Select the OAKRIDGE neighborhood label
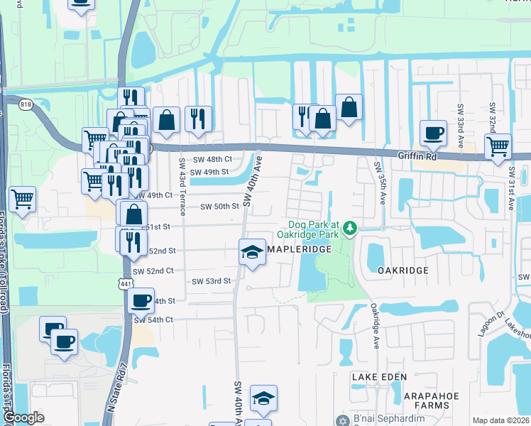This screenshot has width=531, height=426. point(403,271)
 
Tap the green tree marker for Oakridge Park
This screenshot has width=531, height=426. point(349,228)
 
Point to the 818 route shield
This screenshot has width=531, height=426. point(26,104)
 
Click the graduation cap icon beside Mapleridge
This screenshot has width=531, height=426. point(252,251)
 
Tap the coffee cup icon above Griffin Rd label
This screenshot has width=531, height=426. point(432,132)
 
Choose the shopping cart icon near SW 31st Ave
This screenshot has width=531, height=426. point(498,146)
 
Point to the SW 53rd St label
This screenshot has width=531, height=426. point(212,281)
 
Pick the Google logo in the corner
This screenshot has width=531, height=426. point(23,418)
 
